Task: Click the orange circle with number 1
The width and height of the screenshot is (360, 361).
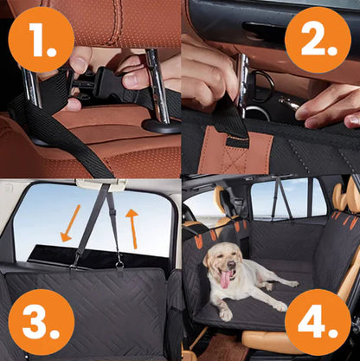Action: (40, 40)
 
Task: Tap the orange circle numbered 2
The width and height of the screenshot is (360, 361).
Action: (318, 39)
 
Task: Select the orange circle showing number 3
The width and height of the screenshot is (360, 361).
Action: (40, 320)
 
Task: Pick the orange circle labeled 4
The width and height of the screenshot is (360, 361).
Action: (318, 321)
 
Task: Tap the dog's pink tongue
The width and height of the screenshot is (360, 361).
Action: (226, 279)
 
